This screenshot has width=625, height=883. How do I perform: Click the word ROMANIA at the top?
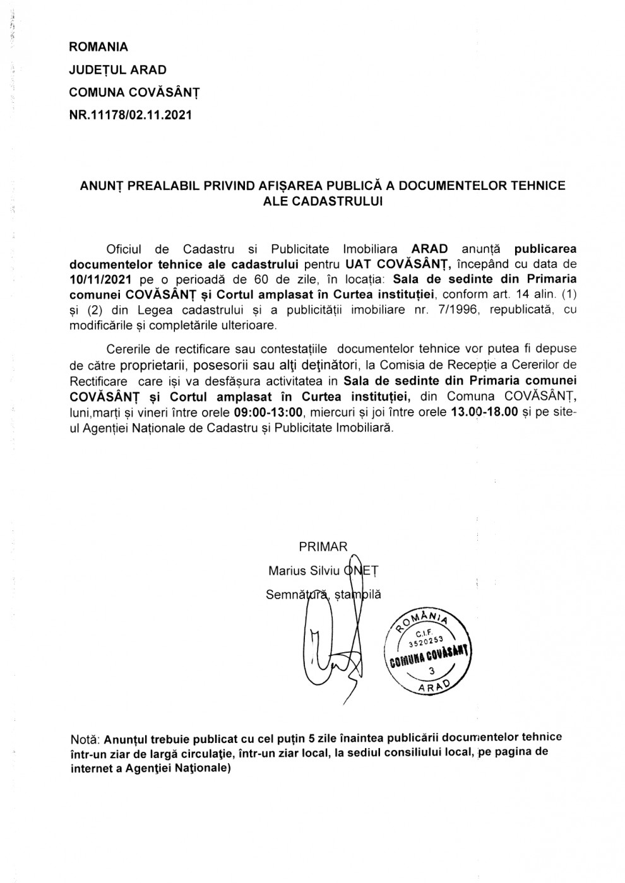98,47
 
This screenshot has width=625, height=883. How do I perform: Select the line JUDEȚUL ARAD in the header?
117,69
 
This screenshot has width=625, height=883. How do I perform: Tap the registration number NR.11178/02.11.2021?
129,115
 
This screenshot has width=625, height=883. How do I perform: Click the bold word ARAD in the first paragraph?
430,249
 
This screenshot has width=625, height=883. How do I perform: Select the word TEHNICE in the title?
540,185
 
